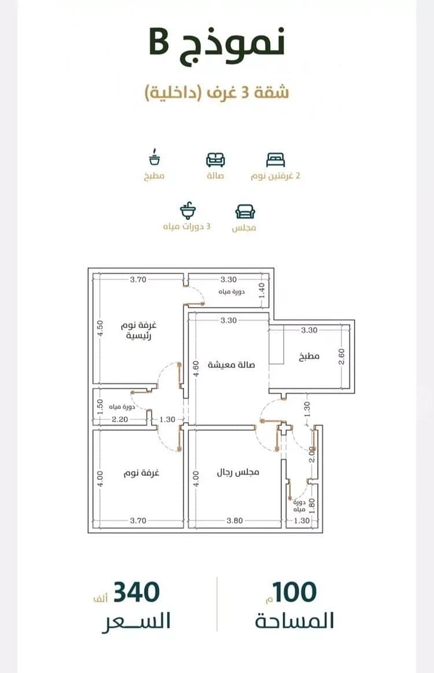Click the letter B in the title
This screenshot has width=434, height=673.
point(159,42)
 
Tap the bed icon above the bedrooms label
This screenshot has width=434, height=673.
point(275,159)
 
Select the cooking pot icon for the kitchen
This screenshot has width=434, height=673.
point(155,158)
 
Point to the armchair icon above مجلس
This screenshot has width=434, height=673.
point(245,212)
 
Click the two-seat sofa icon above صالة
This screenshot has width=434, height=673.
point(215,159)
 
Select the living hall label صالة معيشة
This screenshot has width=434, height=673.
point(231,365)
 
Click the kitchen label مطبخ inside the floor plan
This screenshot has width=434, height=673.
point(309,356)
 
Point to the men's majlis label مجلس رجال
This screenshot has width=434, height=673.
point(238,472)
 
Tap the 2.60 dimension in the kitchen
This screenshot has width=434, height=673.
point(341,356)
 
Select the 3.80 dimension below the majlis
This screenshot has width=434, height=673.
point(234,521)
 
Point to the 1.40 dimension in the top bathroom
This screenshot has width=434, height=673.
point(262,290)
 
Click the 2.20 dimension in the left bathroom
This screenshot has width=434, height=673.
point(120,419)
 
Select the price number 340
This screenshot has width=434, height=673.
point(136,592)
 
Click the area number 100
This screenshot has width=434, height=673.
point(295,592)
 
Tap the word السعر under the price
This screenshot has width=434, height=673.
point(136,621)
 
